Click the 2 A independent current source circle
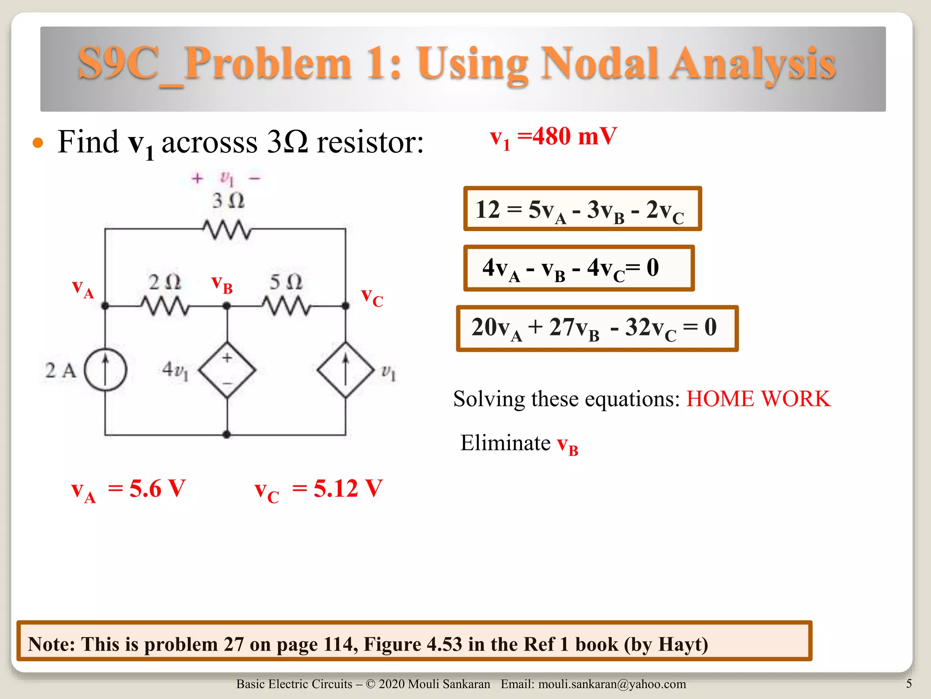(105, 370)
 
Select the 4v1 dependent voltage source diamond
(227, 370)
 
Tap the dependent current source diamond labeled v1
(345, 370)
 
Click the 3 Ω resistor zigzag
(226, 229)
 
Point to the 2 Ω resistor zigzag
(165, 306)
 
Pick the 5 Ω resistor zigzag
(286, 306)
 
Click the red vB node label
(222, 285)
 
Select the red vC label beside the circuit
(372, 298)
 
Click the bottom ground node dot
(227, 435)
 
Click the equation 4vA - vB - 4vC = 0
(579, 268)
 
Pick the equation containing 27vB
(597, 328)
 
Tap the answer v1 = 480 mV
(553, 137)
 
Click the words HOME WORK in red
(758, 399)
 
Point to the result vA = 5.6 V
(129, 490)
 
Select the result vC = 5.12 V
(318, 490)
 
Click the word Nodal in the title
(599, 64)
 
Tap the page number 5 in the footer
(909, 684)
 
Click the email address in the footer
(611, 684)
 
